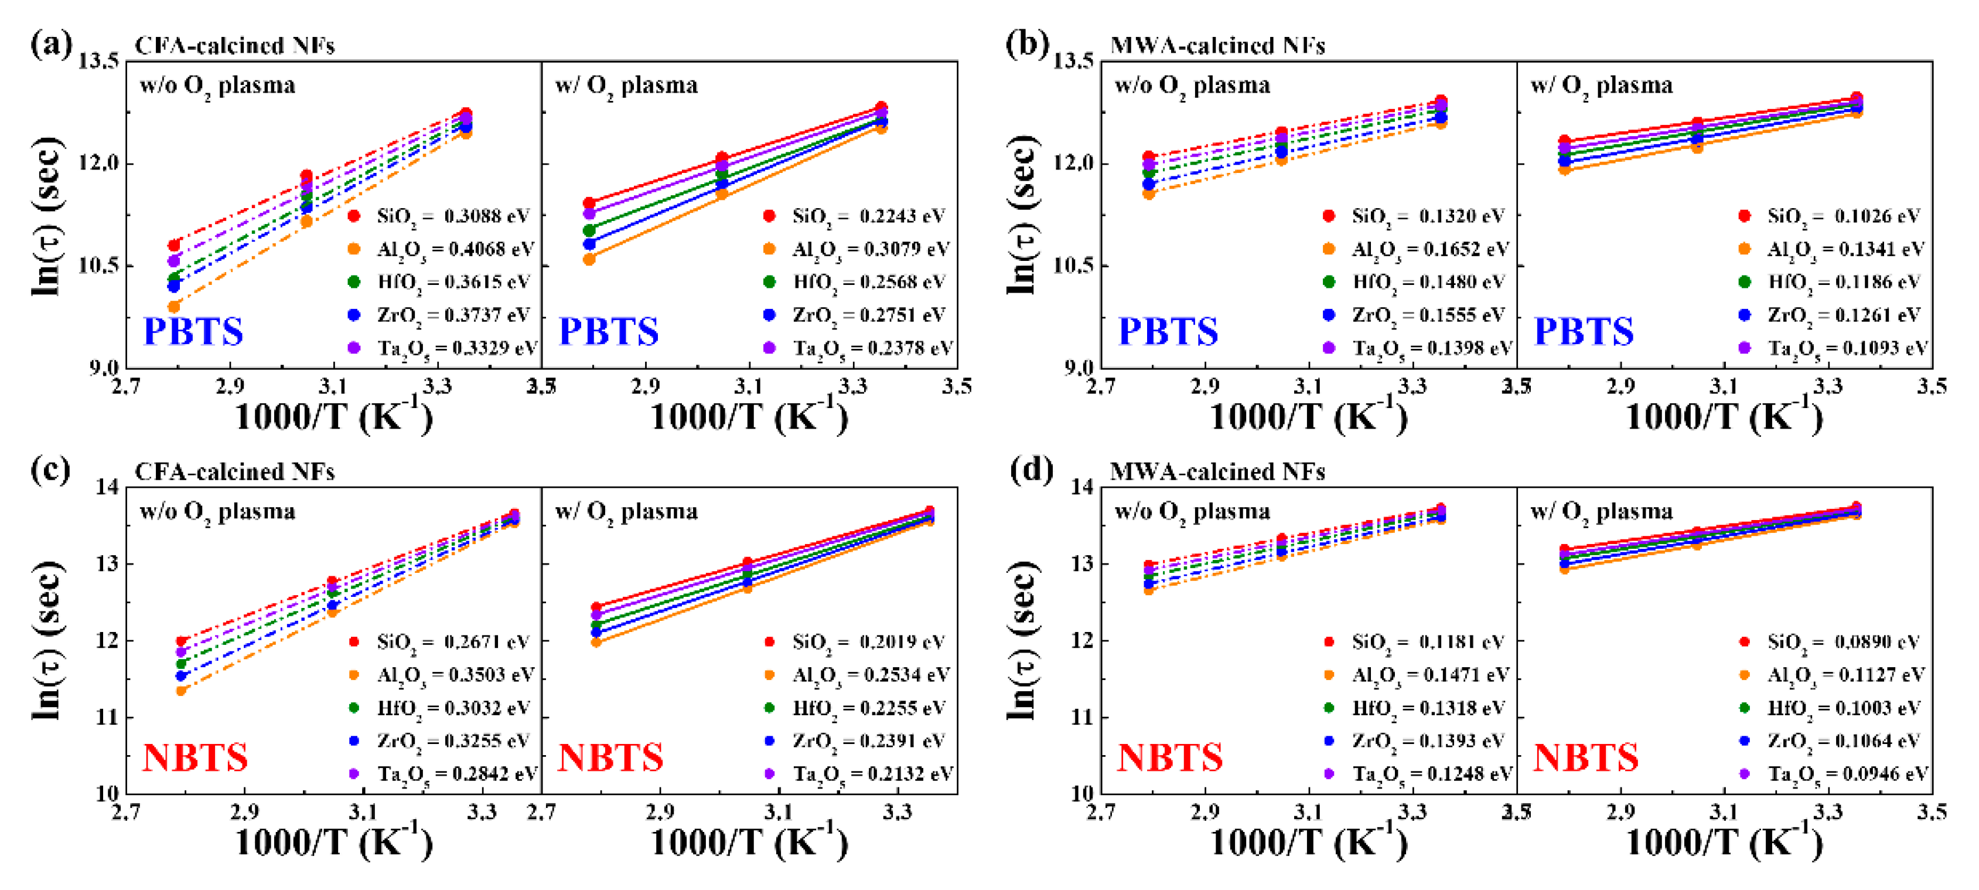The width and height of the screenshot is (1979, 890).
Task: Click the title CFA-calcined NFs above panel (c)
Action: tap(234, 471)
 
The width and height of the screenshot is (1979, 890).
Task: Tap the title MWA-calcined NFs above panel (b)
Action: tap(1217, 45)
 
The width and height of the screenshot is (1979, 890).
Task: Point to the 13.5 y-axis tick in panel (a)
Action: tap(99, 61)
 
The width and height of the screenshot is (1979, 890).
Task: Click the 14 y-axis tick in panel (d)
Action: tap(1081, 487)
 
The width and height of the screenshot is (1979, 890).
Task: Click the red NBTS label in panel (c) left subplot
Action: tap(195, 758)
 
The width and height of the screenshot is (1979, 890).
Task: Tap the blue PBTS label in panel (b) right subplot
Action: tap(1584, 332)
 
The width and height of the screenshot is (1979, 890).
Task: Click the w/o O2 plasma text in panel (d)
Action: tap(1192, 511)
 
